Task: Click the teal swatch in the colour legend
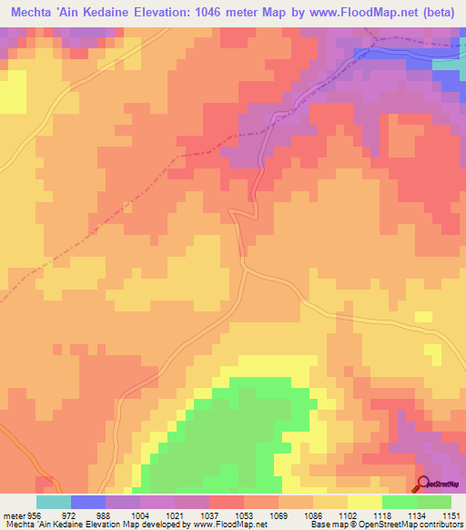click(54, 502)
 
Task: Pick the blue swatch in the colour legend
click(88, 502)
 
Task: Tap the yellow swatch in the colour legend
click(364, 502)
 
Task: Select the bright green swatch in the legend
click(399, 502)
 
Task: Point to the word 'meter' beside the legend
click(15, 515)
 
